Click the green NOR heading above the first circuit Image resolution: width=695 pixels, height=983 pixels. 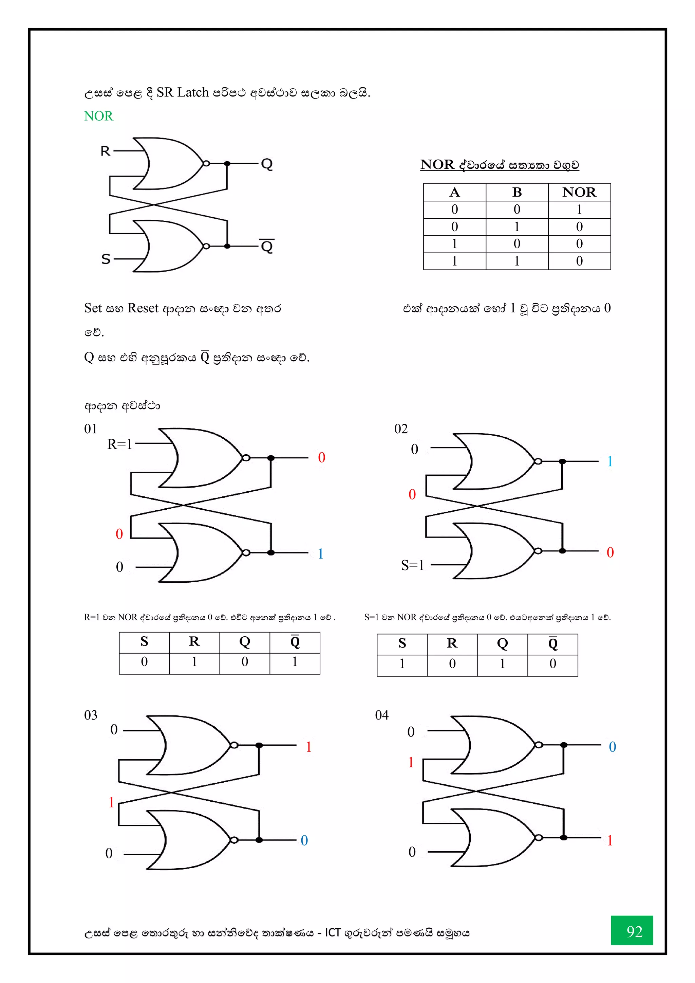click(98, 116)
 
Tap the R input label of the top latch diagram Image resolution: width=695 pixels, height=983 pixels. click(105, 151)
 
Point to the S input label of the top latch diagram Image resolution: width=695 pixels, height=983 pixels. click(106, 259)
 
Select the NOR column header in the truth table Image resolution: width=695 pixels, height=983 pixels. click(579, 192)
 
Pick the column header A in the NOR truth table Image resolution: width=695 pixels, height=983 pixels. click(454, 192)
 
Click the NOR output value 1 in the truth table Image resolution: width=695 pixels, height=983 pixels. click(579, 210)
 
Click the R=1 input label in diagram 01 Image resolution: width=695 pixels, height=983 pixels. click(120, 444)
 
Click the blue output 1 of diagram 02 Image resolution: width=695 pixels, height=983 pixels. click(610, 461)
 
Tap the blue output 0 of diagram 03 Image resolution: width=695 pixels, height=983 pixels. click(304, 840)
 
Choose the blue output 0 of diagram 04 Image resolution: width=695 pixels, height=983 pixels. click(613, 747)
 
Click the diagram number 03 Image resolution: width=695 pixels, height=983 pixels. click(91, 715)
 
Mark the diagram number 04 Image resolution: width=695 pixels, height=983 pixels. click(382, 715)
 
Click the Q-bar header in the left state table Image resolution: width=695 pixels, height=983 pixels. click(295, 641)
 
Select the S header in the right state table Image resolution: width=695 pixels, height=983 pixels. click(402, 643)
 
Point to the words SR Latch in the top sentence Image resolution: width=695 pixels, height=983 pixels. click(183, 92)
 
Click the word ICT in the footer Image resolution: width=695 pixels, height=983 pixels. click(333, 932)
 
